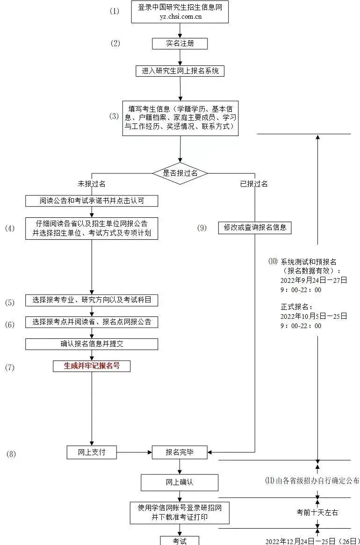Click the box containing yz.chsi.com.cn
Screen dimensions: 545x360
(x=180, y=12)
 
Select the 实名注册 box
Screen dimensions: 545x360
(x=180, y=43)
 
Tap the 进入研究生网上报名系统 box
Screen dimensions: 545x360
(x=180, y=71)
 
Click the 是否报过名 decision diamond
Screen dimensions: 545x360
(x=180, y=173)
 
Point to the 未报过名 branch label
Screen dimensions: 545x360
(x=92, y=184)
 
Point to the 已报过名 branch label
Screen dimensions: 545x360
(x=254, y=184)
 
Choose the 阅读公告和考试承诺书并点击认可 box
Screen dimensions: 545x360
(x=92, y=201)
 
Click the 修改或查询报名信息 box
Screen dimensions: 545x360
(x=255, y=228)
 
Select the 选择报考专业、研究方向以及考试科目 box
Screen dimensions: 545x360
(x=92, y=301)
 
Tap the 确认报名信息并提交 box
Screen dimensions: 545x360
(x=92, y=344)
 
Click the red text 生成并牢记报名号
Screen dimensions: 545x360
(x=92, y=366)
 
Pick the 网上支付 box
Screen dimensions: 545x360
(x=92, y=452)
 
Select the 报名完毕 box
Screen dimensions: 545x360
(x=180, y=452)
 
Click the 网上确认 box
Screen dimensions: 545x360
(x=180, y=482)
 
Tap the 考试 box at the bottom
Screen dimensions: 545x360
(x=180, y=540)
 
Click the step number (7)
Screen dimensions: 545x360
(x=10, y=367)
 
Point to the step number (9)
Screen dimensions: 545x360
(x=202, y=228)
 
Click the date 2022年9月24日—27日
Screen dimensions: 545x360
(x=314, y=280)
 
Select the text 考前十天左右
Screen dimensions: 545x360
(x=317, y=513)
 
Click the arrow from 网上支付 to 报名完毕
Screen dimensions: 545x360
(x=134, y=452)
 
